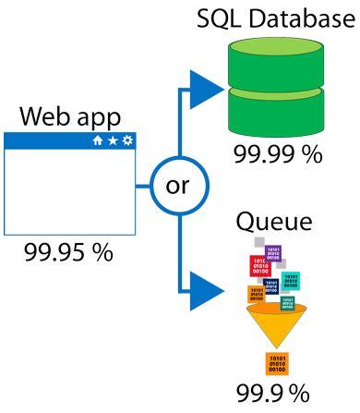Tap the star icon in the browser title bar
pyautogui.click(x=112, y=141)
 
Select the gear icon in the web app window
pyautogui.click(x=127, y=141)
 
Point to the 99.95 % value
pyautogui.click(x=67, y=252)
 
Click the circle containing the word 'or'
pyautogui.click(x=176, y=185)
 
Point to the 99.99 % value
pyautogui.click(x=276, y=153)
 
